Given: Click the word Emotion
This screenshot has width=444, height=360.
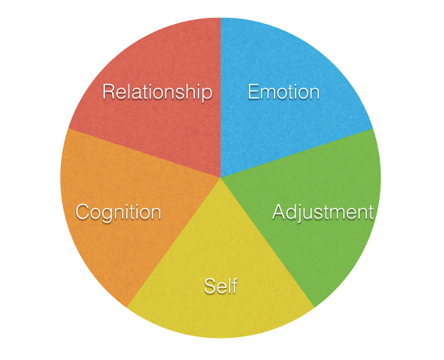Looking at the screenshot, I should click(283, 92).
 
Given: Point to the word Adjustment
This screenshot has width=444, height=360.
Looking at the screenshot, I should click(323, 212).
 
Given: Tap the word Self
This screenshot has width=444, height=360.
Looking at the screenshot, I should click(221, 286).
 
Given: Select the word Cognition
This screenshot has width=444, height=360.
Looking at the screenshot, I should click(118, 212).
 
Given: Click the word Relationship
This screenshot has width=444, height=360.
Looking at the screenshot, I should click(157, 92).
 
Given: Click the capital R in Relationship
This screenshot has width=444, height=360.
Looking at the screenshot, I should click(109, 92).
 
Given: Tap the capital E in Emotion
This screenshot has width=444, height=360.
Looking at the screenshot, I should click(253, 92).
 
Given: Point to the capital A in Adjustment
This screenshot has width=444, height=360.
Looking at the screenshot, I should click(278, 212).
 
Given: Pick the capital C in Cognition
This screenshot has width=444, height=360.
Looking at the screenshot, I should click(83, 212).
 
